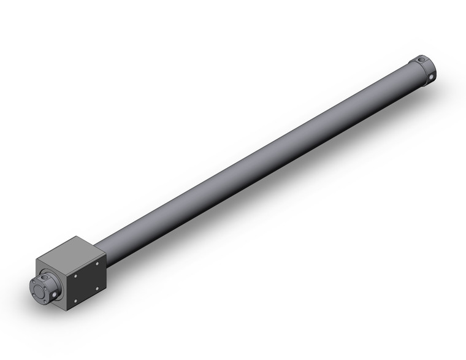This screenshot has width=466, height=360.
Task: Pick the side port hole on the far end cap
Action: click(432, 77)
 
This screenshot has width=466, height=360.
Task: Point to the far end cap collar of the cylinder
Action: click(424, 69)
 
